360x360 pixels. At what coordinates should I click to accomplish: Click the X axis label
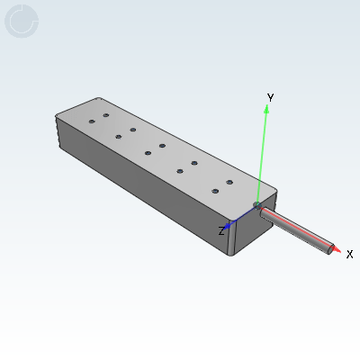[x=349, y=255]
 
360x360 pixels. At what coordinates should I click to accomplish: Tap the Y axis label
[x=270, y=96]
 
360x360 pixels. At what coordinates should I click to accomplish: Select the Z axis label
[x=221, y=231]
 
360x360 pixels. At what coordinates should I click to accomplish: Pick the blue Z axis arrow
[x=236, y=220]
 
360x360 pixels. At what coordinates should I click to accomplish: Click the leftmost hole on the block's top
[x=92, y=121]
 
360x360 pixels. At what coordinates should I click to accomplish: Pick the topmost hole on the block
[x=106, y=116]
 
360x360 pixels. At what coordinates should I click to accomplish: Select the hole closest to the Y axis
[x=229, y=183]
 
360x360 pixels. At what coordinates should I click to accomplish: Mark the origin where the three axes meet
[x=256, y=207]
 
